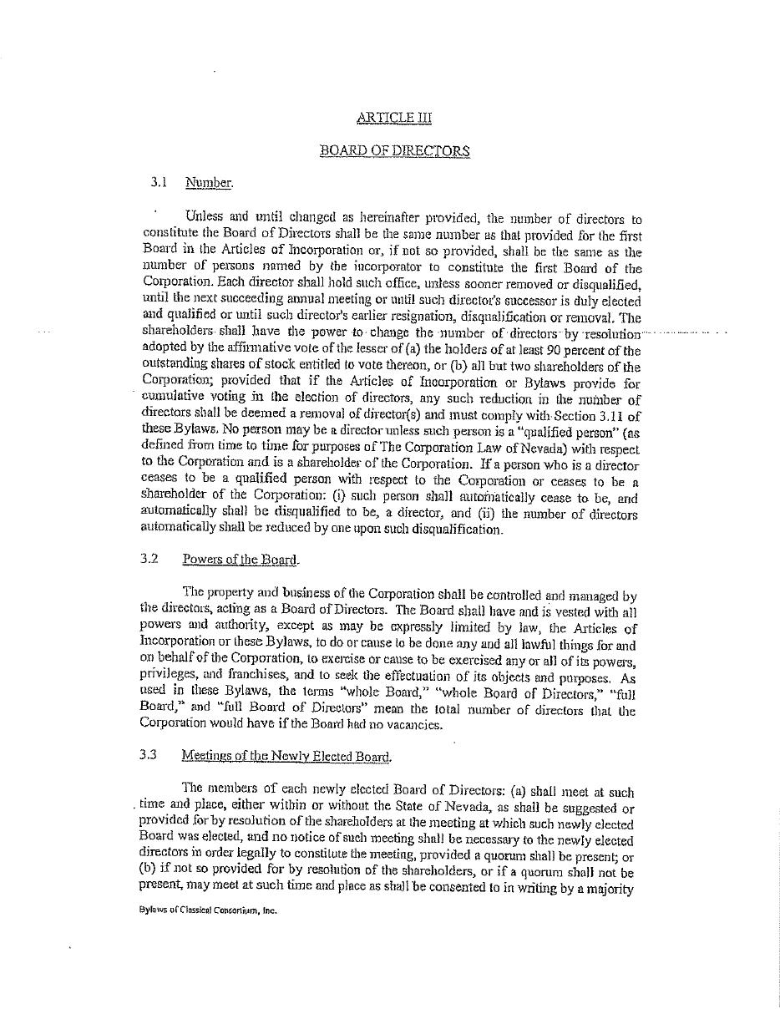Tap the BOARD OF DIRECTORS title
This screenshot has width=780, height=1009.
394,151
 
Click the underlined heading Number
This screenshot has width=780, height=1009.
209,183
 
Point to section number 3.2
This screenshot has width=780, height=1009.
149,559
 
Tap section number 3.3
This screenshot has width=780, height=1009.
149,755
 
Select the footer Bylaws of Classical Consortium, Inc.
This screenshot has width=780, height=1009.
208,910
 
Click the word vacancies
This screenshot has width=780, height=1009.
417,725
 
